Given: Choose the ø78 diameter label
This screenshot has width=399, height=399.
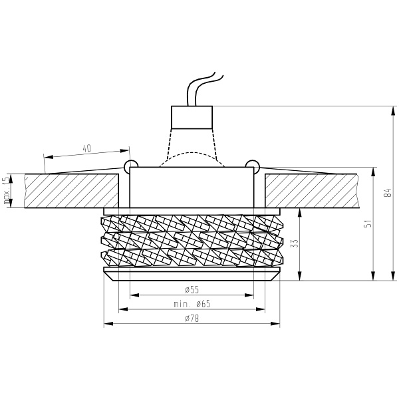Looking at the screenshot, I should [191, 319].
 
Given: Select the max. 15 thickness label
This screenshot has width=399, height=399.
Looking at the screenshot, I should [6, 190].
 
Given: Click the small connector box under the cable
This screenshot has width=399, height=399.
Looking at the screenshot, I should [192, 117].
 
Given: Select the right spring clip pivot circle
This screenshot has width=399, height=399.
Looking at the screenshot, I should [251, 164].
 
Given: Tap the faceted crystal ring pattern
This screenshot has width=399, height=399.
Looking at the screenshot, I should [192, 239].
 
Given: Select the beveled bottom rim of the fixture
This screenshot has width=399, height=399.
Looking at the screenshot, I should [192, 275].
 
